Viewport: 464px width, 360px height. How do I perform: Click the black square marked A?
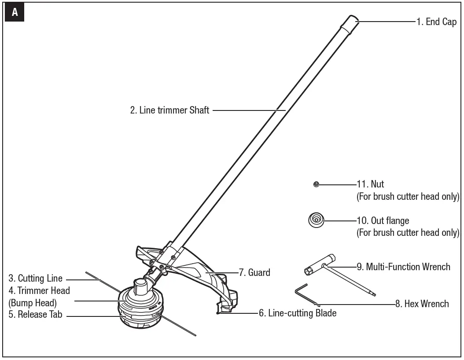[15, 13]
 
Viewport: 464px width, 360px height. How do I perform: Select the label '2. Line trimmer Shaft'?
[169, 110]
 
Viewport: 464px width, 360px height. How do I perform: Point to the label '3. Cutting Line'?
[36, 279]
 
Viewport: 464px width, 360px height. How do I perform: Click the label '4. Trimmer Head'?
[39, 290]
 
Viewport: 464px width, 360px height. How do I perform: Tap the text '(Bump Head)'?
[33, 303]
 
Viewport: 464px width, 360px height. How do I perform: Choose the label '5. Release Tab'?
[35, 315]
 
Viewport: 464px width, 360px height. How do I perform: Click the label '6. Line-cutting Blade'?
[298, 313]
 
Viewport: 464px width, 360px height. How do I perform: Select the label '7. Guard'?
[254, 272]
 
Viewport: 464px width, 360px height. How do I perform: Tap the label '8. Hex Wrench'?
[422, 304]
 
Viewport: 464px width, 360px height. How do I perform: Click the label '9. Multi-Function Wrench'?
[403, 266]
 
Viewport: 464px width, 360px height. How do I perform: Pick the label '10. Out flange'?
[383, 220]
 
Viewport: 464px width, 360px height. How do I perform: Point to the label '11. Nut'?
[370, 184]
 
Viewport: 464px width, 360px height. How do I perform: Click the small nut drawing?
[316, 184]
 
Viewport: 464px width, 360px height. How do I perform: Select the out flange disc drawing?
[316, 220]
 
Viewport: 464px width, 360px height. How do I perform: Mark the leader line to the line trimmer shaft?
[249, 110]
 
